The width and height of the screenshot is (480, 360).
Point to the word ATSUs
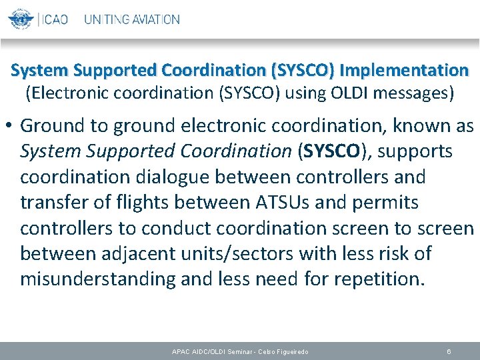(x=295, y=203)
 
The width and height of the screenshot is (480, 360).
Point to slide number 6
(x=449, y=351)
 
